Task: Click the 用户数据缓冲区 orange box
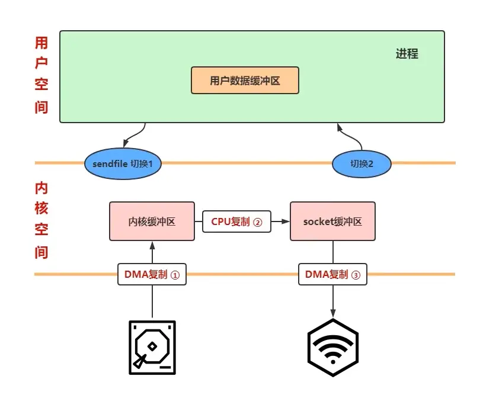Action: point(245,81)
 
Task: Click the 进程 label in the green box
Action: point(407,54)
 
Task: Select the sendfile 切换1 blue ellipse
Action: point(123,163)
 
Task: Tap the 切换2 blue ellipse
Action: point(362,163)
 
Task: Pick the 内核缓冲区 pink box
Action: point(152,222)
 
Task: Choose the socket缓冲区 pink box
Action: point(332,222)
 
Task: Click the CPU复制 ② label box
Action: point(236,222)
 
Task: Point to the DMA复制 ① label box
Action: point(152,274)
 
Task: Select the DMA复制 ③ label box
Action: point(332,274)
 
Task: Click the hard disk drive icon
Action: point(152,347)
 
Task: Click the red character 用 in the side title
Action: point(41,43)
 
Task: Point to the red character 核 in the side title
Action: point(41,208)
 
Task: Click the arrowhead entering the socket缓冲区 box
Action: point(286,222)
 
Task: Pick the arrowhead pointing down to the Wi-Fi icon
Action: point(332,313)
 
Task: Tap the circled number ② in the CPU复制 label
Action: point(257,222)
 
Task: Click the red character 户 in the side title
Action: point(41,64)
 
